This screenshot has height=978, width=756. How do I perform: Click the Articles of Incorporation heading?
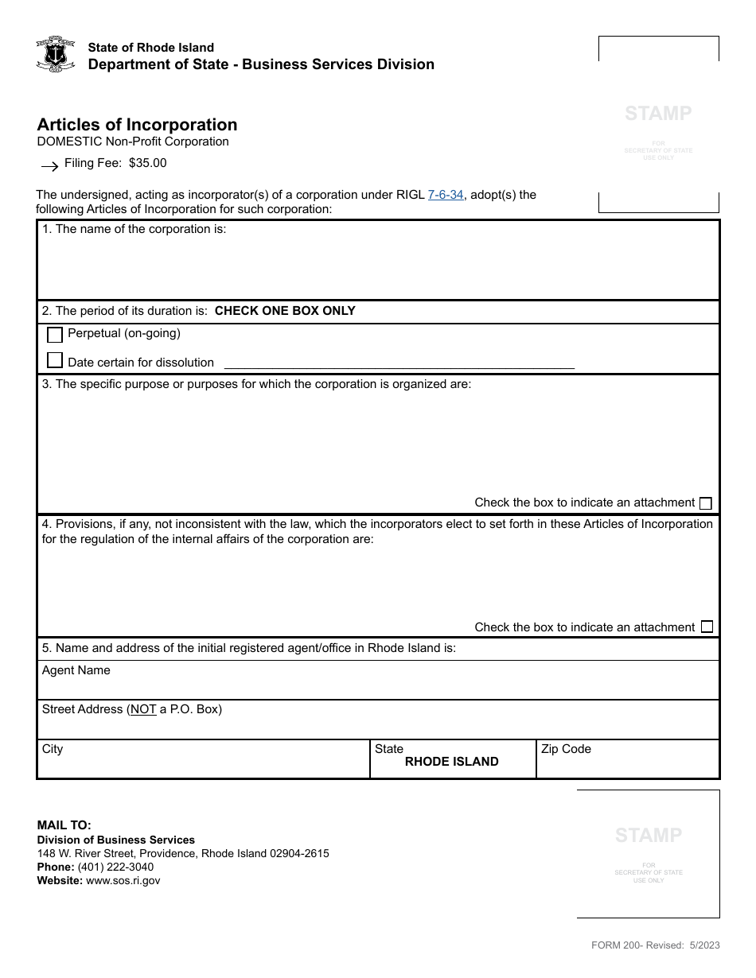tap(137, 125)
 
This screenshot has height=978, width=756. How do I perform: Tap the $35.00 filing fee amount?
tap(148, 163)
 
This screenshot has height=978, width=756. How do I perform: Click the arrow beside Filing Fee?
tap(49, 166)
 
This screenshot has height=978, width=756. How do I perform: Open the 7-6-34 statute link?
tap(446, 194)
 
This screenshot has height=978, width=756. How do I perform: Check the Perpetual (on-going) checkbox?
tap(55, 335)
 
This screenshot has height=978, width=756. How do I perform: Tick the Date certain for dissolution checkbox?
tap(55, 361)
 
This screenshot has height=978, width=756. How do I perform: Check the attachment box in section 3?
tap(705, 503)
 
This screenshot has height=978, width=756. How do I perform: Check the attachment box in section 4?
tap(705, 627)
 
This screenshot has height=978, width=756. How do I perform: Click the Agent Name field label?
tap(76, 670)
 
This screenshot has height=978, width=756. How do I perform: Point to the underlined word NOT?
tap(143, 709)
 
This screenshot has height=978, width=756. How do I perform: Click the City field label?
tap(53, 749)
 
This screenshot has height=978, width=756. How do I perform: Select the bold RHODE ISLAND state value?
tap(451, 762)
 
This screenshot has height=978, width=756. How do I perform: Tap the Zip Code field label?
tap(566, 749)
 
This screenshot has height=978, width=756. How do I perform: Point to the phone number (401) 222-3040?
tap(115, 867)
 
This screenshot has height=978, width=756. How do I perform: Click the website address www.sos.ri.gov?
tap(123, 880)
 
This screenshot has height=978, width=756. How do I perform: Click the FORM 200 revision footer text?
tap(655, 945)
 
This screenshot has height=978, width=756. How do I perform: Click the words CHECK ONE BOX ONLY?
tap(285, 311)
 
